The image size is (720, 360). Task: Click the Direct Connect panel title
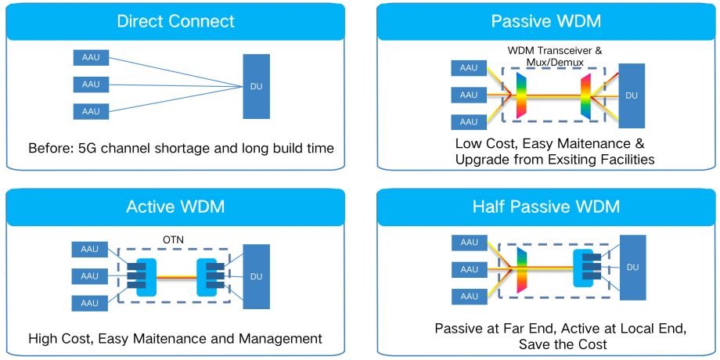coord(176,21)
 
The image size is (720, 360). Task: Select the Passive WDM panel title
coord(543,21)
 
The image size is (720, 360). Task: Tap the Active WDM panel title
coord(176,207)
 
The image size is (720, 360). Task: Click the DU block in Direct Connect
coord(256,87)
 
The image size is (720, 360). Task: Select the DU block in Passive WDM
coord(629,95)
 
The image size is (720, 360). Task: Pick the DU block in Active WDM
coord(256,276)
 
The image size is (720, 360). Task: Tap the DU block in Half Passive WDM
coord(629,268)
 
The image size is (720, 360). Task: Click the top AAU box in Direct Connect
coord(91,59)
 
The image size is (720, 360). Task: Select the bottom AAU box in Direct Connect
coord(91,111)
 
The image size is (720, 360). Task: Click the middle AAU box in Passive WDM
coord(469,95)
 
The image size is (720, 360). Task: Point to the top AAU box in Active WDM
coord(91,249)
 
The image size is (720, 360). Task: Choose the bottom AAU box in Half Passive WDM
coord(469,296)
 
